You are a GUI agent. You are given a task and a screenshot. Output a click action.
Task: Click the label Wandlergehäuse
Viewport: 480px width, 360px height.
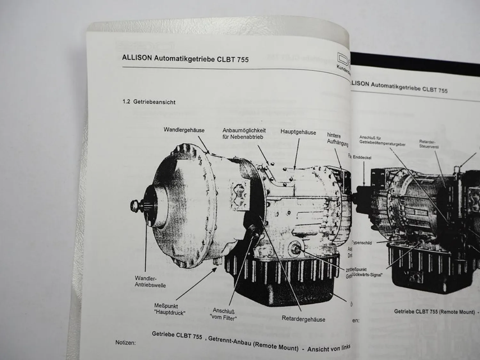184,130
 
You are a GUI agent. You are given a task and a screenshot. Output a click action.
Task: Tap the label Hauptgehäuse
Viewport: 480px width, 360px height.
298,132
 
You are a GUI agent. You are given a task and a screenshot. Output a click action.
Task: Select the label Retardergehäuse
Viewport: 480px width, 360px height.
303,319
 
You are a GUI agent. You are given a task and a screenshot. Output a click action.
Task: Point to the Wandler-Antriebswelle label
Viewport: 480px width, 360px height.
150,282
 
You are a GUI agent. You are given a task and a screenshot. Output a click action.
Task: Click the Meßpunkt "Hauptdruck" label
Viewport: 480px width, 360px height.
169,309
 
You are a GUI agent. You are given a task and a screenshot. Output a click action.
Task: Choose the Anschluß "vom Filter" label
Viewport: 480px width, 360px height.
224,314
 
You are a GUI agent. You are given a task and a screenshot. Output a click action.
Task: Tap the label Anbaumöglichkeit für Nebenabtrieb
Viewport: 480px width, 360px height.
244,134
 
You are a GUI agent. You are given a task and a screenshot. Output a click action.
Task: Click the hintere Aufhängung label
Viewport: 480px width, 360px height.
337,140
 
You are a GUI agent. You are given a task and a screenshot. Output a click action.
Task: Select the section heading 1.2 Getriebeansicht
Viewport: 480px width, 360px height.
149,102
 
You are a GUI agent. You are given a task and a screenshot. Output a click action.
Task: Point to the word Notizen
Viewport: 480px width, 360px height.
125,342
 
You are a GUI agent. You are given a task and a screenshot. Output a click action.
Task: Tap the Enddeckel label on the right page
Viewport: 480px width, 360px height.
362,157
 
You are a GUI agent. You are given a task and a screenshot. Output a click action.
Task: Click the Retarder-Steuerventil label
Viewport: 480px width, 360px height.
429,144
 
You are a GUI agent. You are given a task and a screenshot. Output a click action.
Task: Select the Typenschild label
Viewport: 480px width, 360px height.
362,243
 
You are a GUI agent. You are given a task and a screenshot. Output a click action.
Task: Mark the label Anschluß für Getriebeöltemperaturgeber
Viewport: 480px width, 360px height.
382,141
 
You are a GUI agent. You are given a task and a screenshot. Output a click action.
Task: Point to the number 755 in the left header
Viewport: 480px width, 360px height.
243,60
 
